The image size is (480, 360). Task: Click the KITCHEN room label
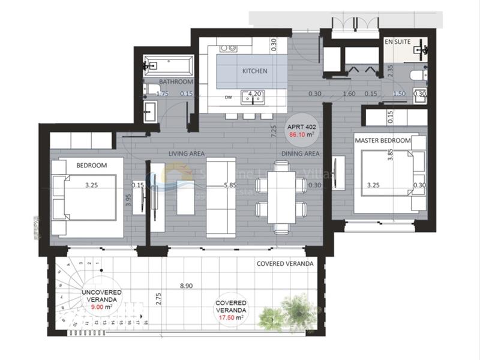[254, 71]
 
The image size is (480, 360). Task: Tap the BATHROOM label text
[176, 82]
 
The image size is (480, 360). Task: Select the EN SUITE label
[397, 43]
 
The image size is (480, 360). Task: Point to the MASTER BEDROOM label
[382, 140]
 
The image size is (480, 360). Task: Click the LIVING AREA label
[187, 154]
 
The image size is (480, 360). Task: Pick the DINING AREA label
[301, 154]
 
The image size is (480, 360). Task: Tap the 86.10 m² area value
[302, 135]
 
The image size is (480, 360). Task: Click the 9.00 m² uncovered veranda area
[101, 307]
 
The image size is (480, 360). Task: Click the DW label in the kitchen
[228, 97]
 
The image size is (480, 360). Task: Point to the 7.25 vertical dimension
[274, 133]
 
